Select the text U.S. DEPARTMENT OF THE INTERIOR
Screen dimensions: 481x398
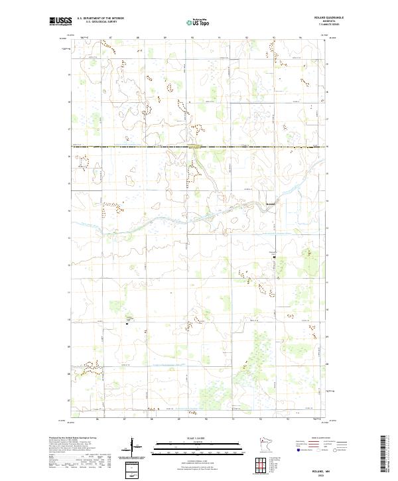100,19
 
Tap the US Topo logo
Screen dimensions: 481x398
198,22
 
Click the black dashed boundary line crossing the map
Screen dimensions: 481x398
199,146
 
